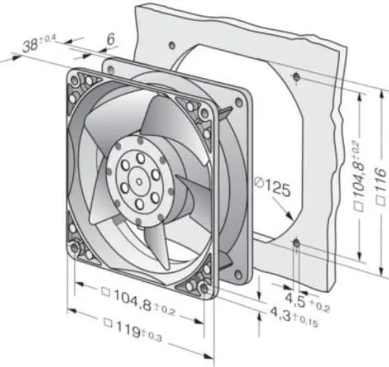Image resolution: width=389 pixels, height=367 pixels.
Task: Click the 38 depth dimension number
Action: (30, 46)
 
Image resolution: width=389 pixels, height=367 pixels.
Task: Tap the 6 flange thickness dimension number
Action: (111, 40)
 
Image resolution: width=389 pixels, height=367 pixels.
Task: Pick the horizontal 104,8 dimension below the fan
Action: (139, 302)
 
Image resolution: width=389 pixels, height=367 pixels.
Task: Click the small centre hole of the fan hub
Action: (139, 182)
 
